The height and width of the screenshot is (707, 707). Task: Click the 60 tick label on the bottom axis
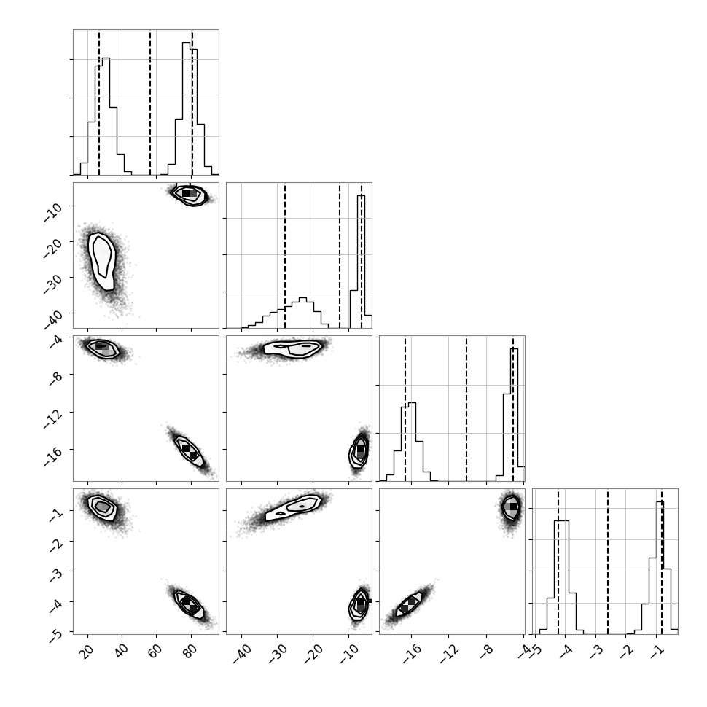(x=155, y=651)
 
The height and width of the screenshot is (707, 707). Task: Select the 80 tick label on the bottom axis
(x=190, y=651)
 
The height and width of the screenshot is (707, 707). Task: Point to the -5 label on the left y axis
(x=55, y=634)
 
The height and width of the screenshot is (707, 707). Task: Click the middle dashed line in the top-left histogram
(x=150, y=102)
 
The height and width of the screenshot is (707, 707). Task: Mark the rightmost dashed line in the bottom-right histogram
(x=662, y=561)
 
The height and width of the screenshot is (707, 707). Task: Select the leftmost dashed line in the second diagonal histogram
(x=285, y=256)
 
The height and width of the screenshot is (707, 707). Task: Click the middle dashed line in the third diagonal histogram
(x=466, y=408)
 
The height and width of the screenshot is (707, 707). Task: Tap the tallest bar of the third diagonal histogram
(x=515, y=415)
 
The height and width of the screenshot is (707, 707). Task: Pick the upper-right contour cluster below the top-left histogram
(x=190, y=195)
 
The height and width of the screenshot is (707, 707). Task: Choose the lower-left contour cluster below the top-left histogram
(x=102, y=262)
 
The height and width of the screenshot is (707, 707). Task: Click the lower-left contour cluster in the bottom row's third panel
(x=408, y=604)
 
